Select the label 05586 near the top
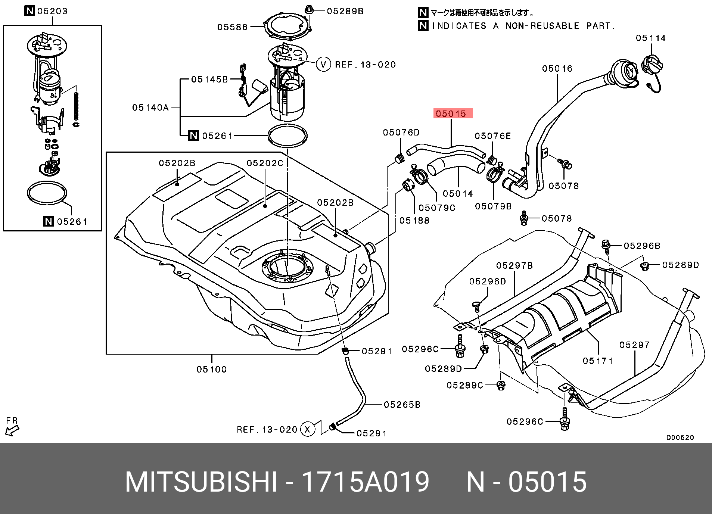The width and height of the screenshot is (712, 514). pyautogui.click(x=232, y=27)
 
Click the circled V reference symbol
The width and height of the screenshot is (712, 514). pyautogui.click(x=323, y=65)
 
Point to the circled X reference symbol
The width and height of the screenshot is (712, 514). pyautogui.click(x=307, y=429)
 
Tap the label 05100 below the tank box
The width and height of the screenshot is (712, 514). pyautogui.click(x=212, y=369)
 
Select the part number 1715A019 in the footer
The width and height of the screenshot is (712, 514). pyautogui.click(x=365, y=482)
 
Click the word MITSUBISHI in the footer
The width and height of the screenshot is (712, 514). pyautogui.click(x=201, y=482)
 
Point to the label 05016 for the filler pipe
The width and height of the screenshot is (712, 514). pyautogui.click(x=557, y=69)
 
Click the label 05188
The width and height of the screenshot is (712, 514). pyautogui.click(x=414, y=221)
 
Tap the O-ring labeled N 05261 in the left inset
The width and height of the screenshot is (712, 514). pyautogui.click(x=47, y=193)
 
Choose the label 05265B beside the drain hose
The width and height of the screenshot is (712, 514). pyautogui.click(x=402, y=405)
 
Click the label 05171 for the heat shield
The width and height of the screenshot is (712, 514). pyautogui.click(x=598, y=361)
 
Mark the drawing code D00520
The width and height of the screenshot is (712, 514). pyautogui.click(x=680, y=437)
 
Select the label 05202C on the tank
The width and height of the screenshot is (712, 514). pyautogui.click(x=265, y=163)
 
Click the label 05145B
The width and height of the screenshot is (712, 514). pyautogui.click(x=209, y=80)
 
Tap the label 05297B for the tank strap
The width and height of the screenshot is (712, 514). pyautogui.click(x=514, y=265)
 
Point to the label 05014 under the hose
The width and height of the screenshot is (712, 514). pyautogui.click(x=458, y=194)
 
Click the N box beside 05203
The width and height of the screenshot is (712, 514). pyautogui.click(x=29, y=11)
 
